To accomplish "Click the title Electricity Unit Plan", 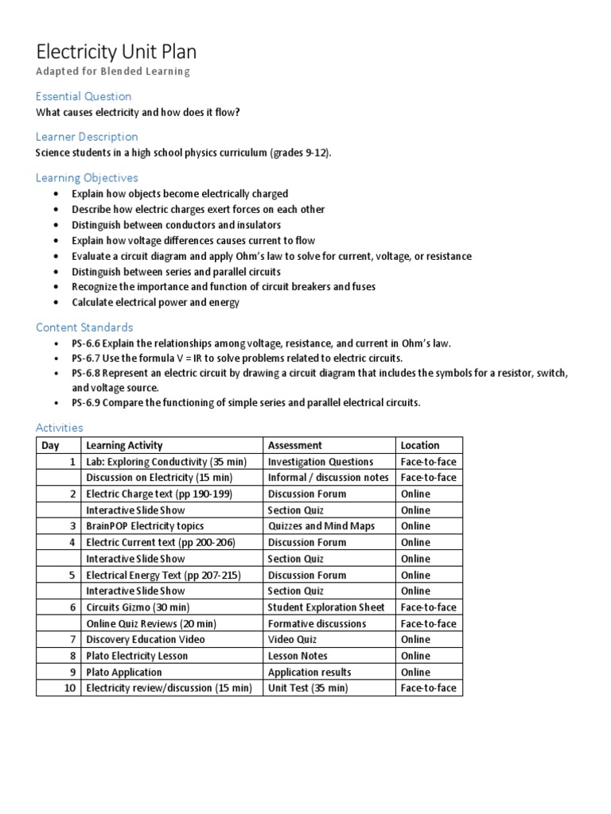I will pyautogui.click(x=116, y=52).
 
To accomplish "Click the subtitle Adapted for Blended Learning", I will pyautogui.click(x=113, y=72).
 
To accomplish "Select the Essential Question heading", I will pyautogui.click(x=84, y=96).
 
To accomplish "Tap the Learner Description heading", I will pyautogui.click(x=87, y=137).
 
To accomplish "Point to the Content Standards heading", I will pyautogui.click(x=84, y=328).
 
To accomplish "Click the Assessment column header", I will pyautogui.click(x=295, y=445).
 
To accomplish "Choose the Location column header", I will pyautogui.click(x=419, y=445).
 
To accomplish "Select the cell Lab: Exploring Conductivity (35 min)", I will pyautogui.click(x=166, y=462).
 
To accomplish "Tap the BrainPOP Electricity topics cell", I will pyautogui.click(x=145, y=526).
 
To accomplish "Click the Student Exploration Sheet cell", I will pyautogui.click(x=326, y=607).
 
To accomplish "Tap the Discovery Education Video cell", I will pyautogui.click(x=145, y=640).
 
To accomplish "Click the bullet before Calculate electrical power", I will pyautogui.click(x=54, y=303).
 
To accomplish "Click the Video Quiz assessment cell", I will pyautogui.click(x=294, y=640).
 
